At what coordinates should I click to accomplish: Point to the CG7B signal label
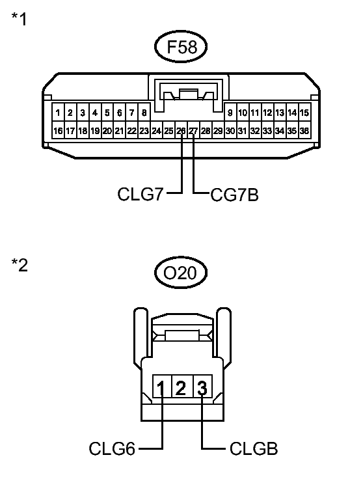click(x=235, y=194)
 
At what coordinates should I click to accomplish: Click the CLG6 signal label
click(x=112, y=448)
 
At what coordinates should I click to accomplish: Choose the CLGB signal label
click(x=254, y=448)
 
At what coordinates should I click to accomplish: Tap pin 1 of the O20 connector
click(x=161, y=389)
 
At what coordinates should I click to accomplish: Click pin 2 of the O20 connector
click(x=181, y=389)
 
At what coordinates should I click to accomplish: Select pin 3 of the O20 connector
click(x=202, y=389)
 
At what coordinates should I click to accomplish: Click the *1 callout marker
click(x=19, y=19)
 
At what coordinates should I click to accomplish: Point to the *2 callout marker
click(x=19, y=266)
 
